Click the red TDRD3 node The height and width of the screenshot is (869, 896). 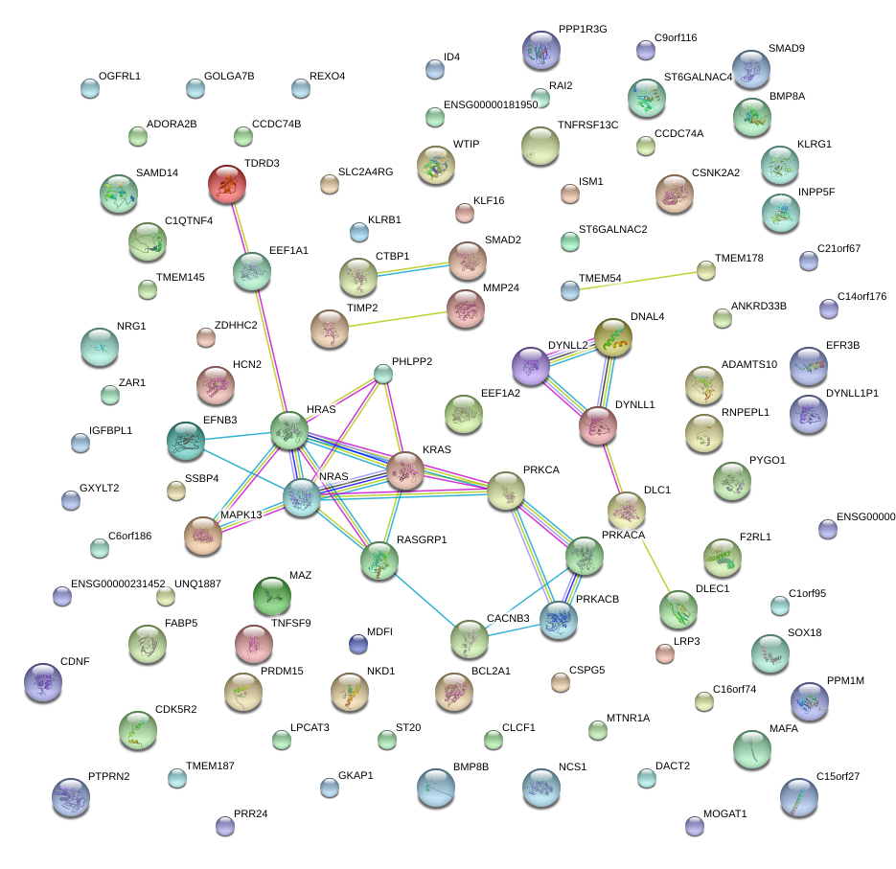pos(227,183)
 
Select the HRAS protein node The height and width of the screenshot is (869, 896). pos(288,431)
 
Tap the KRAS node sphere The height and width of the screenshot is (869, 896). pos(405,469)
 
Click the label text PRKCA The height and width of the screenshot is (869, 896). pos(541,469)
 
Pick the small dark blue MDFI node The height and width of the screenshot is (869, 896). pos(358,644)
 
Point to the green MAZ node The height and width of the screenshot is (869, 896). pos(272,596)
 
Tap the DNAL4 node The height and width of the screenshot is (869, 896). pos(613,337)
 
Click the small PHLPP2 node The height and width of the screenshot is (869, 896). pos(383,374)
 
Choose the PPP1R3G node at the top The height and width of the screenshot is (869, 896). pos(541,50)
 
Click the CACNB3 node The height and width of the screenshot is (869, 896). pos(470,639)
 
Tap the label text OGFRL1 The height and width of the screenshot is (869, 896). pos(119,76)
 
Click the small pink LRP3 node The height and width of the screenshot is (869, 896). pos(664,653)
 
